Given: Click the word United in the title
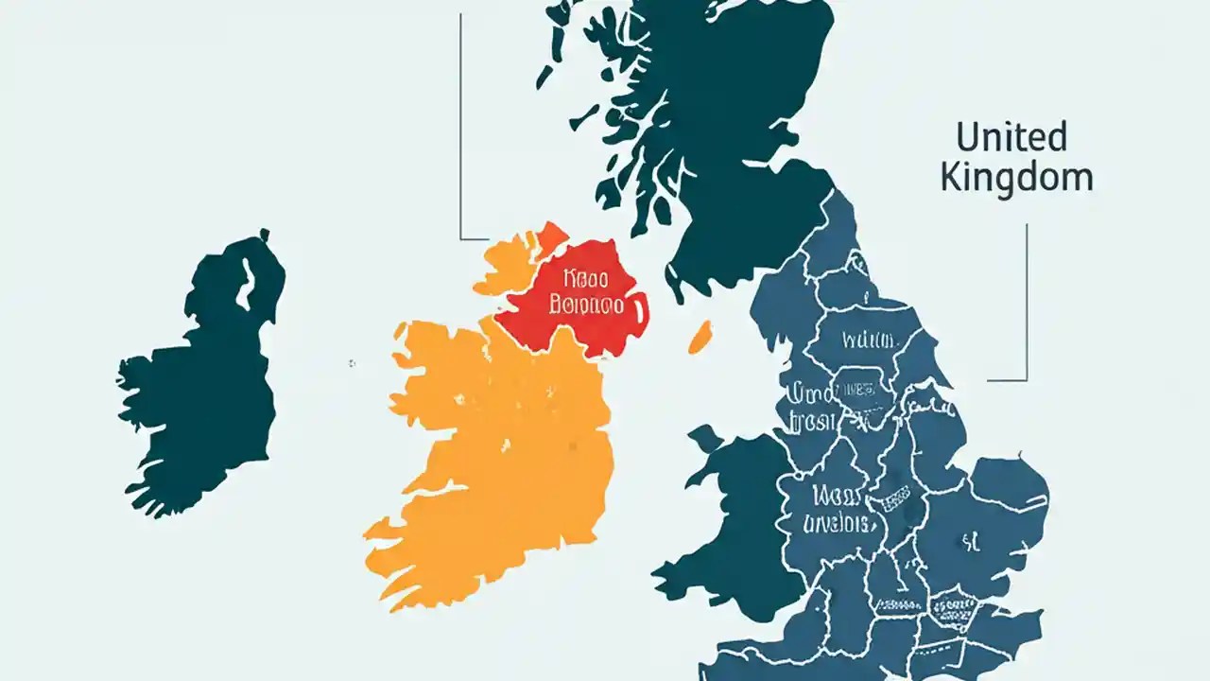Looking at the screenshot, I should coord(1011,138).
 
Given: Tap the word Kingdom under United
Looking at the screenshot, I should coord(1016,178).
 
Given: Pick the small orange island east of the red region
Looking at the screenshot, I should coord(700,338).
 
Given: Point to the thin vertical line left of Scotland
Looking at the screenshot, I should coord(460,123).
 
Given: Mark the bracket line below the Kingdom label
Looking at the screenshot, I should coord(1026,303).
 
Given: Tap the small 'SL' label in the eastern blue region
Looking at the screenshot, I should coord(969,542).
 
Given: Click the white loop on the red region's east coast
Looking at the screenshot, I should coord(640,306).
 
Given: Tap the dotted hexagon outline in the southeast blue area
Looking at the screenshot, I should coord(953,605).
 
